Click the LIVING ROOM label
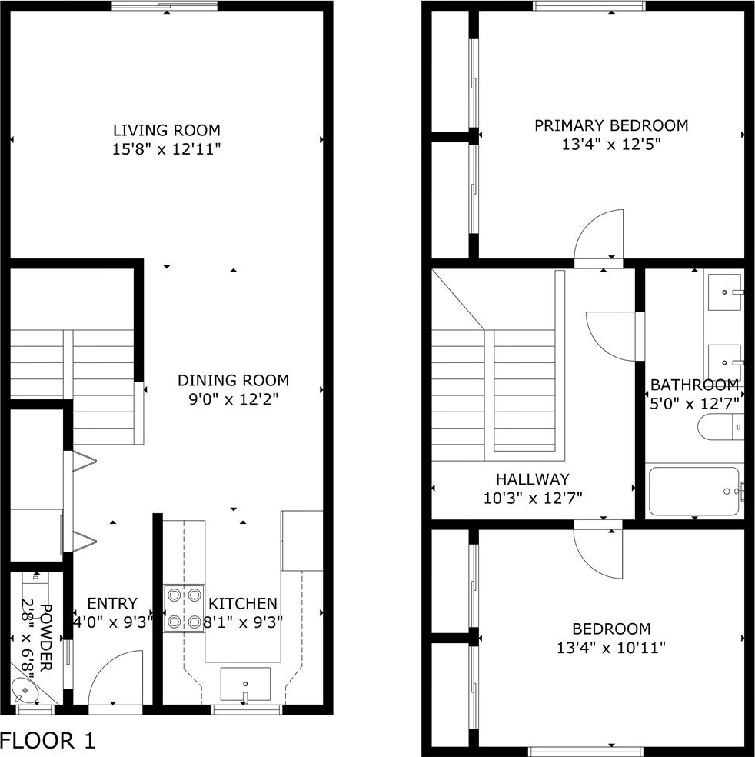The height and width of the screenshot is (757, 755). coord(166,130)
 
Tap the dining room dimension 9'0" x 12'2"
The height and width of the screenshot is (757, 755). coord(234,399)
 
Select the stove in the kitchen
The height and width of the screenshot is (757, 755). coord(183,609)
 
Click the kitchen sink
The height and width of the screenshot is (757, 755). coord(245,684)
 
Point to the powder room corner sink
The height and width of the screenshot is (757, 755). coord(23,690)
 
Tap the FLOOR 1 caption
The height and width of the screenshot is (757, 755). coord(48,740)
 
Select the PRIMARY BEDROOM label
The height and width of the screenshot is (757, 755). coord(611,125)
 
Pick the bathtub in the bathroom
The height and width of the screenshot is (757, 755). coord(693,492)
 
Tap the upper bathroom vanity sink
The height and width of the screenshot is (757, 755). coord(724,292)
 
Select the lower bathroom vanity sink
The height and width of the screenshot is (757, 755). coord(724,362)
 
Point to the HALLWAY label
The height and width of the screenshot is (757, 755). coord(533,479)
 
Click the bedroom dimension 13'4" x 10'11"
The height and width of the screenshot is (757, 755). coord(611,648)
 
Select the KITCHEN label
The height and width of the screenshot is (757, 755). coord(243,603)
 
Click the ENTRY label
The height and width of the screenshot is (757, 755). coord(112,603)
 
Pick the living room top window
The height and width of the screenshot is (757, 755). coord(165,6)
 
